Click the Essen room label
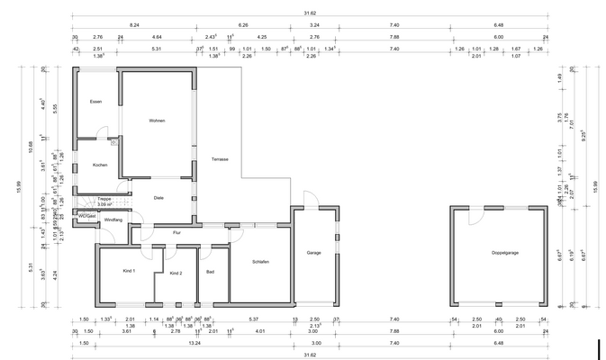click(95, 102)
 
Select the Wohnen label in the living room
click(157, 121)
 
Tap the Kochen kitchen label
click(100, 165)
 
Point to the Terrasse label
click(220, 159)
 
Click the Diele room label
click(158, 197)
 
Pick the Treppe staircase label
click(104, 199)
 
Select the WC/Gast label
click(86, 216)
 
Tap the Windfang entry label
click(113, 220)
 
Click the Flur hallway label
click(177, 233)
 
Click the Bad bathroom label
click(211, 271)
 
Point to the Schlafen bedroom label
click(260, 261)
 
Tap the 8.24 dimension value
click(134, 26)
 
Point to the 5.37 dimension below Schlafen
click(254, 319)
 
